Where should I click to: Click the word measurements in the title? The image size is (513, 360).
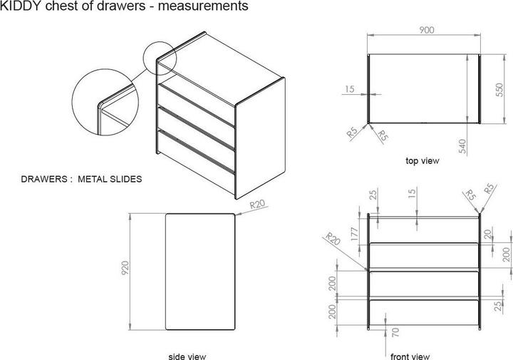[203, 6]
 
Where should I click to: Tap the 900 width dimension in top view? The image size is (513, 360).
[427, 30]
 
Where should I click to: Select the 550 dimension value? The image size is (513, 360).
[499, 90]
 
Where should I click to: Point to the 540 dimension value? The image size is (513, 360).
[462, 146]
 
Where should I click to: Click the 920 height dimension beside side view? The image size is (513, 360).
[125, 268]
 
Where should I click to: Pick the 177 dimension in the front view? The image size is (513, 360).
[355, 234]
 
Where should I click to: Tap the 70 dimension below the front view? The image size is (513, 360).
[395, 332]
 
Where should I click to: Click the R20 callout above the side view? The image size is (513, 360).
[257, 205]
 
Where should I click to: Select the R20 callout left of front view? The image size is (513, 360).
[333, 239]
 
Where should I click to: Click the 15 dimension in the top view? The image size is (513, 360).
[350, 89]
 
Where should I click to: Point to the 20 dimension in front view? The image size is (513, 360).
[488, 235]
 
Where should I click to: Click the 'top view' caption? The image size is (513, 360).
[423, 161]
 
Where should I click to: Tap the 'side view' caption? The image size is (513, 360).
[187, 356]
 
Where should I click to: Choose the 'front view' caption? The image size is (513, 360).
[410, 356]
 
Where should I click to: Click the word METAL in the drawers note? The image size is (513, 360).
[92, 179]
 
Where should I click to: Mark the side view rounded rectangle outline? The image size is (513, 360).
[165, 272]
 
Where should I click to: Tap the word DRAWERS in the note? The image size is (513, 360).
[44, 179]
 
